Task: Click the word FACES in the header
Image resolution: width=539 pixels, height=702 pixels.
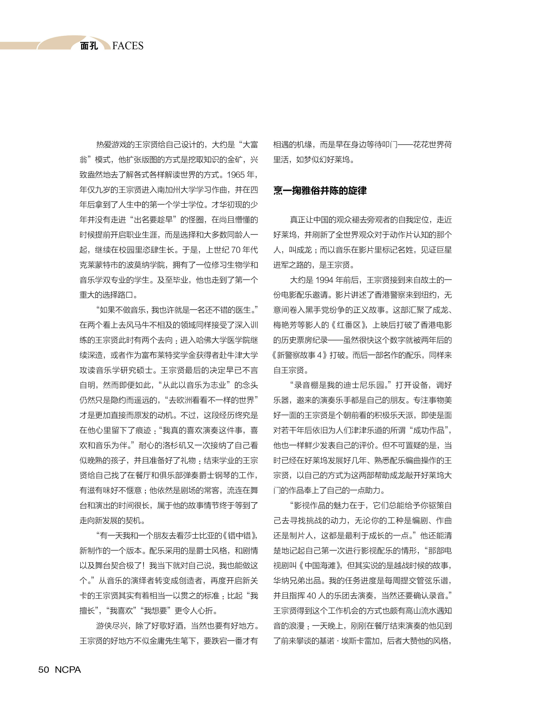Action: (128, 46)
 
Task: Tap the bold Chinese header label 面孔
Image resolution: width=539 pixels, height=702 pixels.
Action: (89, 46)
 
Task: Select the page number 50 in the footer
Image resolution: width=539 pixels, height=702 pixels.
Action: (44, 670)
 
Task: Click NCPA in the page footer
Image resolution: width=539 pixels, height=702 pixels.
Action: (68, 670)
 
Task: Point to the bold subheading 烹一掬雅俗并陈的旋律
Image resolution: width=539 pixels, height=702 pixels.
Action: (320, 191)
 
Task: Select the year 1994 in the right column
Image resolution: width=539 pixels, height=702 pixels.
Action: (324, 280)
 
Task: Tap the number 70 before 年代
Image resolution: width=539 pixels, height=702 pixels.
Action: (236, 250)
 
